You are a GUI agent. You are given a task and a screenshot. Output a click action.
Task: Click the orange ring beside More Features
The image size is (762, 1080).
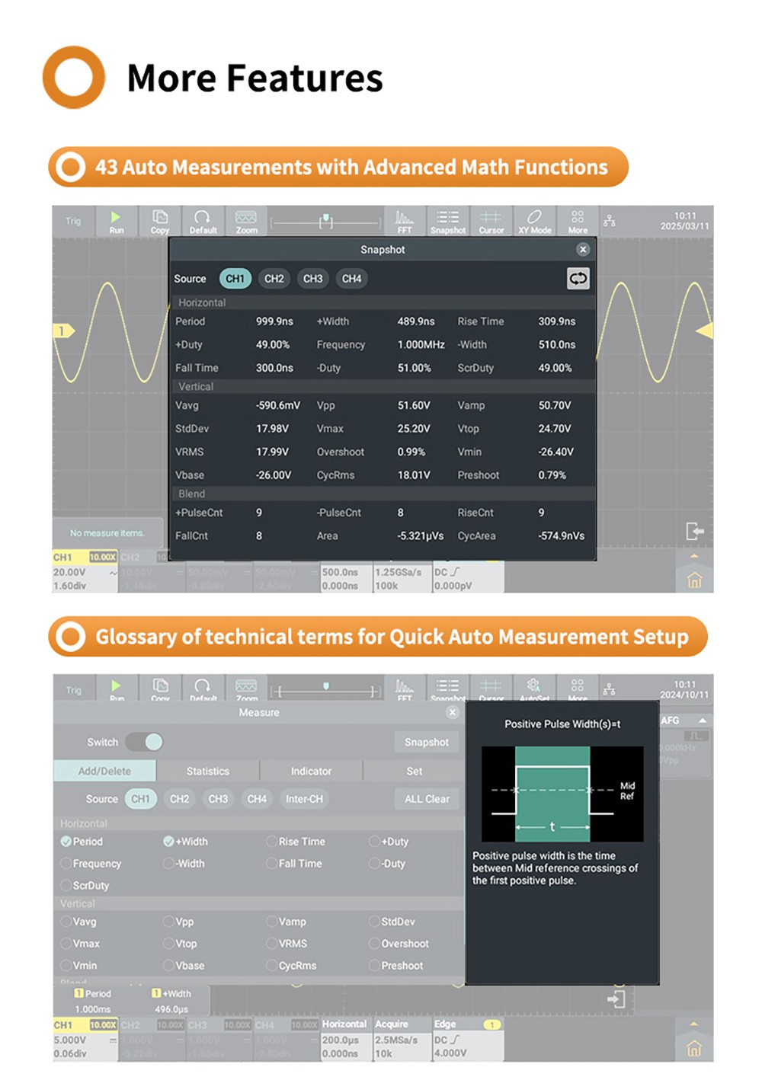coord(73,77)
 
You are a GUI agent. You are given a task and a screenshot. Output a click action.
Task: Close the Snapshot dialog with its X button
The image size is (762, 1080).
coord(583,249)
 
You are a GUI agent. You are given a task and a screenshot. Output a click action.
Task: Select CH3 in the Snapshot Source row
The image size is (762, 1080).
coord(312,279)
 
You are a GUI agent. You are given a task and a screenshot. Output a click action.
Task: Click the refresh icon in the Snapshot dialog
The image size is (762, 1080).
coord(578,279)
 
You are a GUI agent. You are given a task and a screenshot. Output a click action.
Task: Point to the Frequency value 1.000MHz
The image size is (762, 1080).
coord(421,345)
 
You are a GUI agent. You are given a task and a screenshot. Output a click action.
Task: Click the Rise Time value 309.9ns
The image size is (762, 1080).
coord(556,321)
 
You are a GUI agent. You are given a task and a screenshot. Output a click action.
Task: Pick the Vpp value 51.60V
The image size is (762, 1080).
coord(413,406)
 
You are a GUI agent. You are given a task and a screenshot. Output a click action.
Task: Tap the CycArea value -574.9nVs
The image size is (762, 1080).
coord(561,536)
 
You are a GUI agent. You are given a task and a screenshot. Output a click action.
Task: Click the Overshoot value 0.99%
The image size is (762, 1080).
coord(411,452)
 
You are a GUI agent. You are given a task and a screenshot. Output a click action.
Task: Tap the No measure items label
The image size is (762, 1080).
coord(107,533)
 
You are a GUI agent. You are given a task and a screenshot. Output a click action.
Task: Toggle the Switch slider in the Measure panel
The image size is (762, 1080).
coord(144,742)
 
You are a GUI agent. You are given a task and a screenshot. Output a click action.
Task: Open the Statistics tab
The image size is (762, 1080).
coord(207,772)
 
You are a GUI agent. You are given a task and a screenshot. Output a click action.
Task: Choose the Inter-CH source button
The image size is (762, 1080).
coord(304,799)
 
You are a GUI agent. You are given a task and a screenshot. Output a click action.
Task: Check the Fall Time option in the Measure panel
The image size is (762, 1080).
coord(272,864)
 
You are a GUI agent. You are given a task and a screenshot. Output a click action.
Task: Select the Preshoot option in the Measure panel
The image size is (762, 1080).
coord(375,966)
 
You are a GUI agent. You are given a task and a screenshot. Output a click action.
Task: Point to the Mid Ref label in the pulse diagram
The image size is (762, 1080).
coord(627,791)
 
